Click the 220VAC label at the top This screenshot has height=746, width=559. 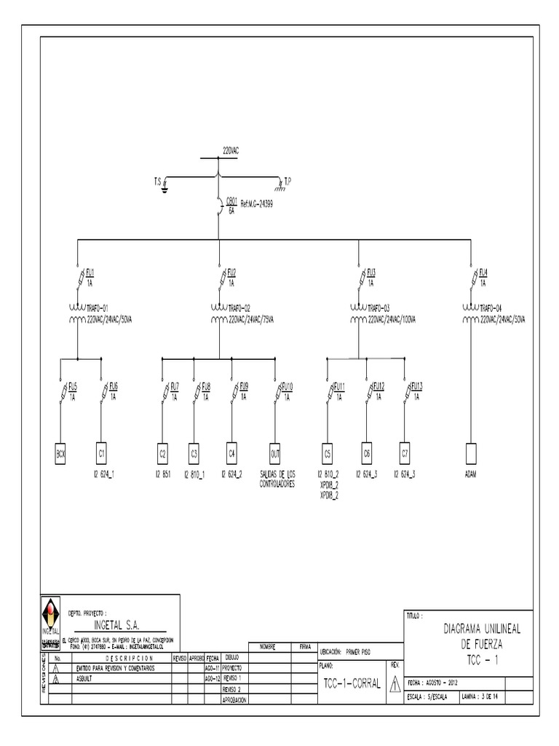(x=231, y=151)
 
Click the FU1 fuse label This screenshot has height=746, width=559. (x=90, y=272)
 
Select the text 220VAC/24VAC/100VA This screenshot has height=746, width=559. (x=394, y=318)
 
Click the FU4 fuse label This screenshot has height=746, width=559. (x=483, y=272)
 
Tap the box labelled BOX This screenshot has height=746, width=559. (x=61, y=453)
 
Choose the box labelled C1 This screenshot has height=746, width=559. (x=102, y=453)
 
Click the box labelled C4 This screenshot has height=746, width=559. (x=231, y=453)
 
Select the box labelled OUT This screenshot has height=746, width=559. (x=274, y=453)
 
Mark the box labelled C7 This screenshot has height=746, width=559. (x=404, y=453)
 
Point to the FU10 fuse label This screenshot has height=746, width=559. (x=288, y=386)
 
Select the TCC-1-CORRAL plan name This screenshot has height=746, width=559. (x=352, y=683)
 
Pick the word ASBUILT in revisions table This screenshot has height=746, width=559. (x=86, y=678)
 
